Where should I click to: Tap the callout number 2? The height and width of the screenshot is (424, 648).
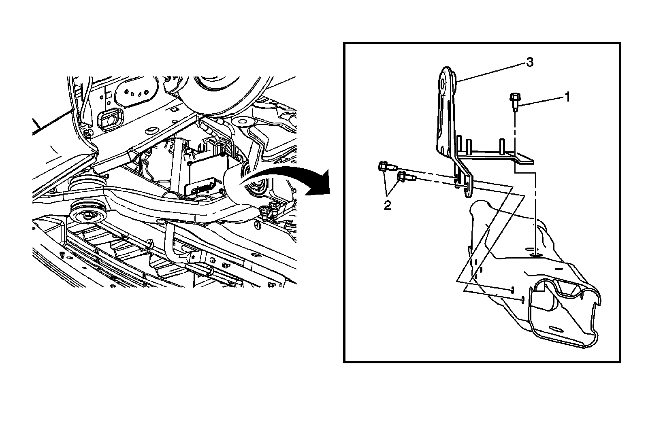coord(388,206)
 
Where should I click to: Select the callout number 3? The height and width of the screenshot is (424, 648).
coord(529,62)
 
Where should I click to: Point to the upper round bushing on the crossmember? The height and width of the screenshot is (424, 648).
coord(83,185)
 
